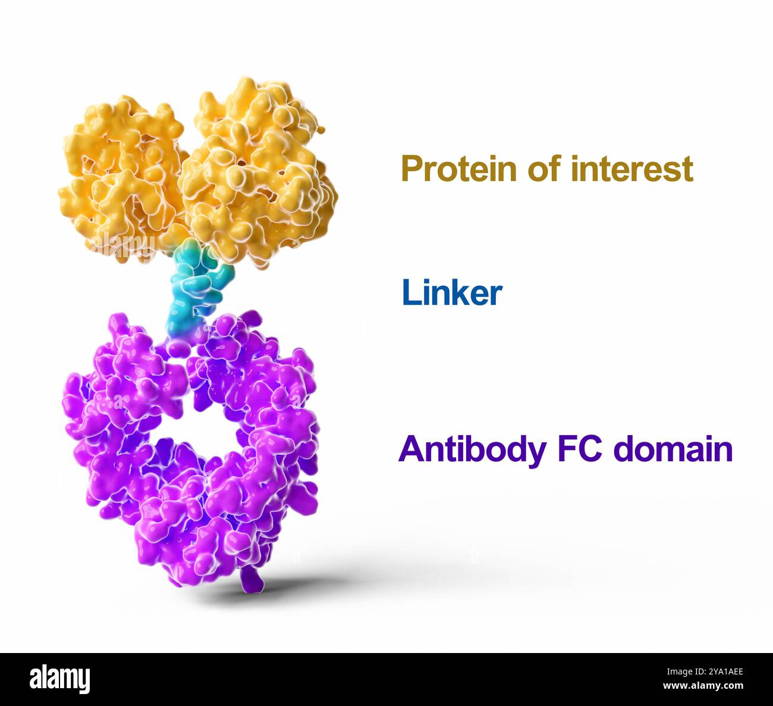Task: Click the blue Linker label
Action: point(452,293)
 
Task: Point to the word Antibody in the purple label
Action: point(472,449)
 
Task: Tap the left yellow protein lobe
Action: point(122,179)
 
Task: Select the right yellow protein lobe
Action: point(259,173)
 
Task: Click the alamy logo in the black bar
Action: point(60,679)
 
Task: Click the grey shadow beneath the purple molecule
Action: point(333,580)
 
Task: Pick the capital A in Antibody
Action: point(410,449)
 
